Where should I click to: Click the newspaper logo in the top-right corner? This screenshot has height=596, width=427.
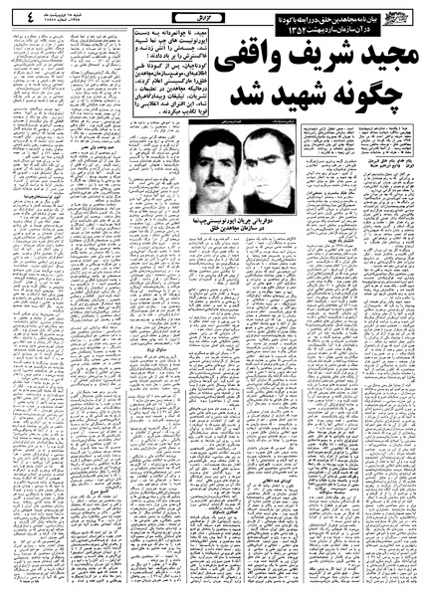(x=399, y=17)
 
